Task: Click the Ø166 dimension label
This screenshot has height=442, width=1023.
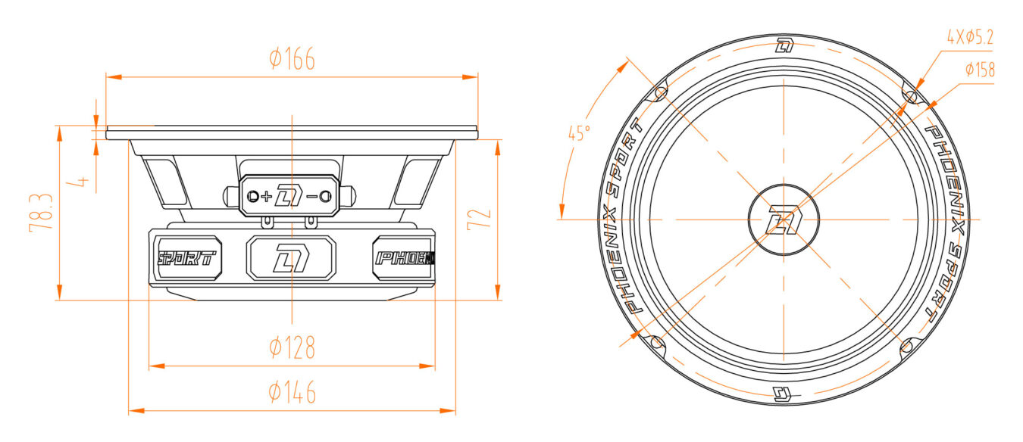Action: pos(292,58)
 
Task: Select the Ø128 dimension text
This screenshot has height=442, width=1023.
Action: pos(292,348)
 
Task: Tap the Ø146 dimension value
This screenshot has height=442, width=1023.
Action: pos(292,393)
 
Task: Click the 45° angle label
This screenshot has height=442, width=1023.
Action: pos(579,134)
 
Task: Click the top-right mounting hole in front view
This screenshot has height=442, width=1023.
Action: pos(911,95)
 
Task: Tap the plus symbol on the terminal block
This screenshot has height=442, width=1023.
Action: pos(266,197)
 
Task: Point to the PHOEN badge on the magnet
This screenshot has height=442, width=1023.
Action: pos(404,258)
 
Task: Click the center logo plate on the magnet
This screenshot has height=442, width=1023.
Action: pos(291,258)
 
